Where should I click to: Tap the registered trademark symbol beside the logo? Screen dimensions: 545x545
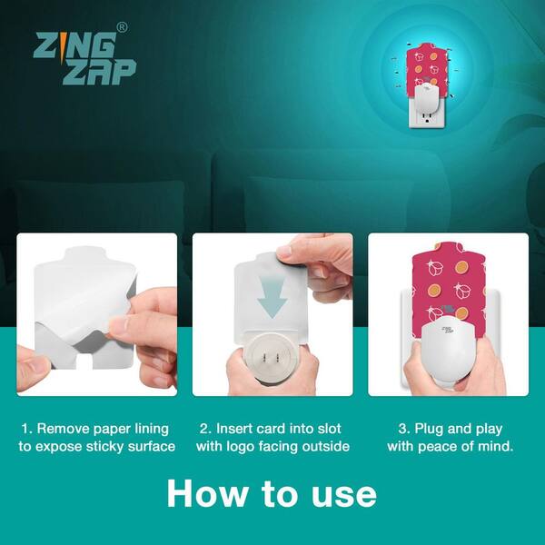coord(122,28)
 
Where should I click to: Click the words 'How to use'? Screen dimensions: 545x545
coord(272,493)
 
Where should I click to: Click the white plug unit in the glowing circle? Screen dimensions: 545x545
coord(425,98)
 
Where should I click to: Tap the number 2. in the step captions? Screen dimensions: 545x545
coord(206,429)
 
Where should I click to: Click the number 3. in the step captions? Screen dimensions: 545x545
coord(405,429)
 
